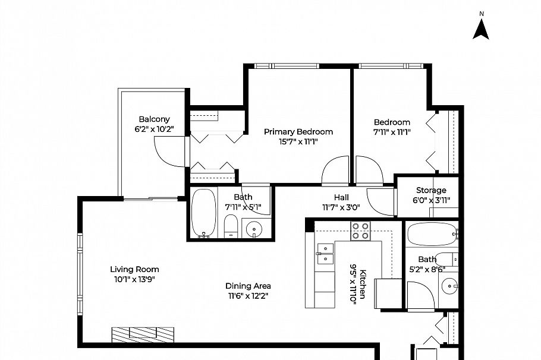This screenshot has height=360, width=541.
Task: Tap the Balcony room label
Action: (154, 119)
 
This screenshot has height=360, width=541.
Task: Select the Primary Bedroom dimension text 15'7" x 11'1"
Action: (298, 141)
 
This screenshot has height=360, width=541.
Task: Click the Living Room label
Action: (134, 269)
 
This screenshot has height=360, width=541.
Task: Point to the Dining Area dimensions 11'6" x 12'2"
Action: (249, 296)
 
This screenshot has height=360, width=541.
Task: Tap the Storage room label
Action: (430, 190)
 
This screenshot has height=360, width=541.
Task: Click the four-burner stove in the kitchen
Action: (360, 230)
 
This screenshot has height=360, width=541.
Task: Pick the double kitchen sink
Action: (325, 254)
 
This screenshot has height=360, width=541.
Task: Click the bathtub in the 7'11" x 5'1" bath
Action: (203, 212)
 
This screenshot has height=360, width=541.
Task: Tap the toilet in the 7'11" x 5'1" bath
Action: (231, 226)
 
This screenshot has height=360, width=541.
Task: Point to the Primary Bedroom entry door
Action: (336, 172)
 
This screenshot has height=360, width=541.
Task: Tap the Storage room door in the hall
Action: (380, 201)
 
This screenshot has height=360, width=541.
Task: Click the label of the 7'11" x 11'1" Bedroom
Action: (391, 122)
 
